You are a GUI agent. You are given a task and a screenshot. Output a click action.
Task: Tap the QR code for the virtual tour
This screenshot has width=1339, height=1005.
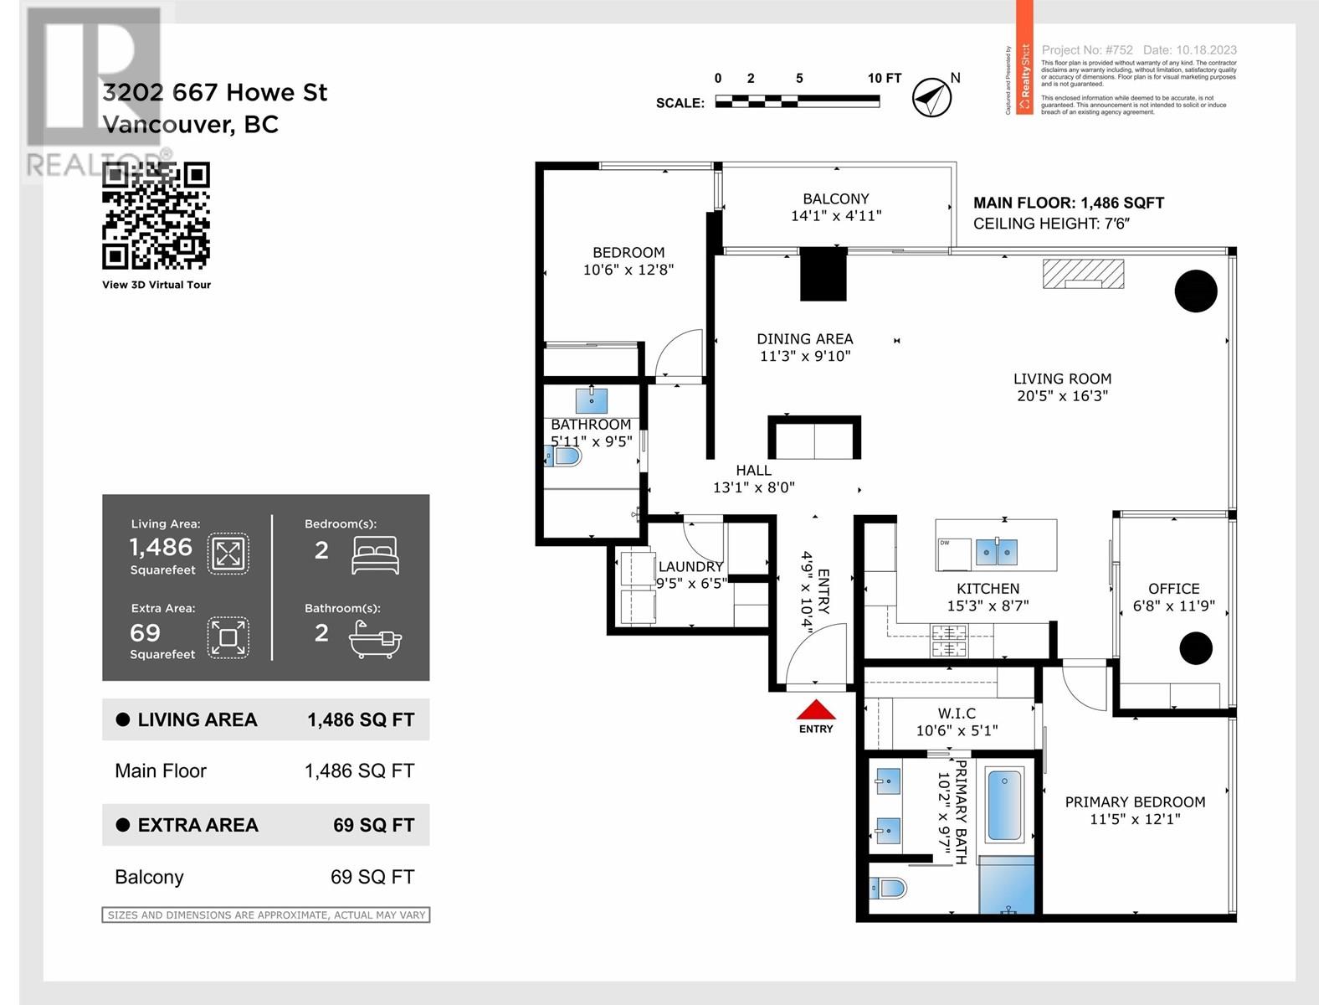point(156,216)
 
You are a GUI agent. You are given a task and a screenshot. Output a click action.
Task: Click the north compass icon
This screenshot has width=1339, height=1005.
point(931,98)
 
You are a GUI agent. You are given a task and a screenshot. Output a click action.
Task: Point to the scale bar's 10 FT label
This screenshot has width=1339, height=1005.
point(884,78)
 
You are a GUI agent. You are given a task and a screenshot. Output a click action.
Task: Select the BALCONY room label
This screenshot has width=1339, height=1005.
point(835,199)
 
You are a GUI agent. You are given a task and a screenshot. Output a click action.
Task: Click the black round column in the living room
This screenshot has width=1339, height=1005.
point(1195,291)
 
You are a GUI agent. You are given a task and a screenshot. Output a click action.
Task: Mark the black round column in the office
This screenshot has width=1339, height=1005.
point(1195,648)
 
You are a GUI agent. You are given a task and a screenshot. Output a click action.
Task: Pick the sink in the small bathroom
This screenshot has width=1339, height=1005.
point(592,400)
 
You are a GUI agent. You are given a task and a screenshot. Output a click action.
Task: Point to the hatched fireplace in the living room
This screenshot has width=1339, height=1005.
point(1083,274)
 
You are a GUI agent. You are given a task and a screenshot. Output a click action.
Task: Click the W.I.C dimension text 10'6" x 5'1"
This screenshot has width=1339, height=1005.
point(957,730)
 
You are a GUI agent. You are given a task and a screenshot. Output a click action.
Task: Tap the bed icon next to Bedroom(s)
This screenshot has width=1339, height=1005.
point(375,554)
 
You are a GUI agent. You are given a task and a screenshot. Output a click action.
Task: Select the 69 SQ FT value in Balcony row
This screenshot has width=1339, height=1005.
point(372,877)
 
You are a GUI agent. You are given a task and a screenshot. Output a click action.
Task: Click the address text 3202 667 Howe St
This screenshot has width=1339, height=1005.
point(215,92)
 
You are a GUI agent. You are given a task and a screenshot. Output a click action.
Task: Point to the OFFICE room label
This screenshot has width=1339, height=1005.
point(1173,589)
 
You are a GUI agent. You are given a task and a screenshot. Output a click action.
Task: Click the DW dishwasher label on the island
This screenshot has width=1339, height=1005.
point(945,543)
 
